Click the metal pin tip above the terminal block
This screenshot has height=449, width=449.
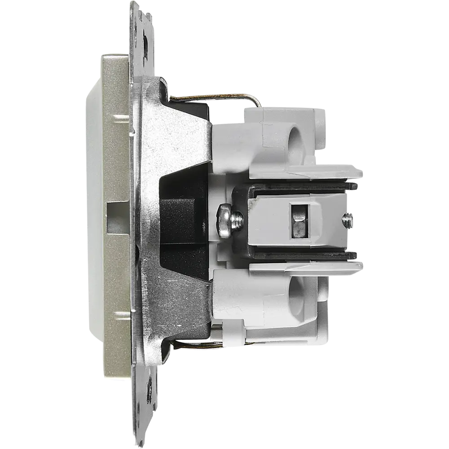pos(355,185)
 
